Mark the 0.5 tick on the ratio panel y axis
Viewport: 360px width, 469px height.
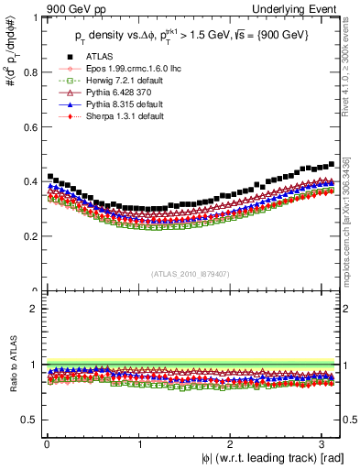pos(29,420)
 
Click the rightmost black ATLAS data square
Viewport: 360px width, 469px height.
pos(331,165)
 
